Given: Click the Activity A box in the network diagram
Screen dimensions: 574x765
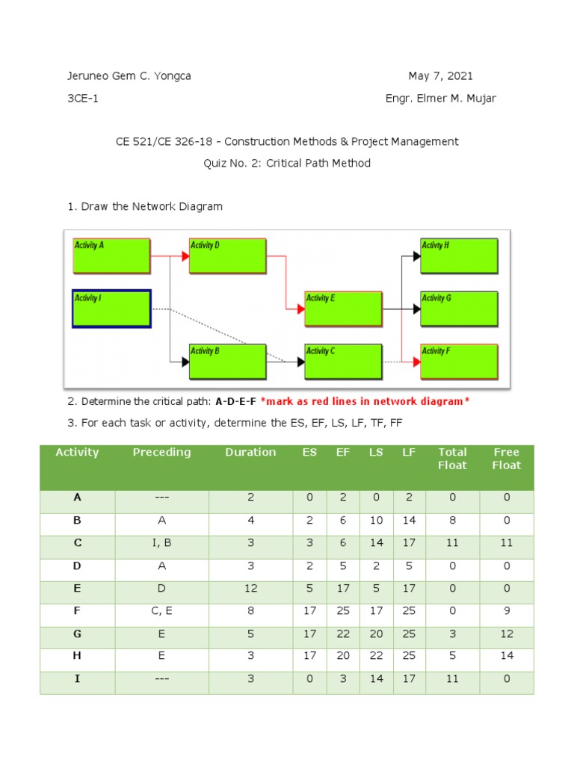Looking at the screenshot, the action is (x=111, y=255).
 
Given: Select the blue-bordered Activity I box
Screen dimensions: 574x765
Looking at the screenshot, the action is (x=111, y=309).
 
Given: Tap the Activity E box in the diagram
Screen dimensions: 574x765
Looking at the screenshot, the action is (x=343, y=309).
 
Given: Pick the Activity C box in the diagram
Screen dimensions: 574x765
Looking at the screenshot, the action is (x=343, y=362).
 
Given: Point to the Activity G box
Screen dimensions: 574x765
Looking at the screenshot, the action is (x=459, y=309).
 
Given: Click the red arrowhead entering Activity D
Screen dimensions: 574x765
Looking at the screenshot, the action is (x=185, y=255).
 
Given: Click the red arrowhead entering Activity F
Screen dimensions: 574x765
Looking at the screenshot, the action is (x=416, y=362).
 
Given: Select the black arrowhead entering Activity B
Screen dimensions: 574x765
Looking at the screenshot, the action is (x=185, y=362).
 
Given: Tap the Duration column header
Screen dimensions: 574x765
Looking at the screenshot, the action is (x=250, y=452).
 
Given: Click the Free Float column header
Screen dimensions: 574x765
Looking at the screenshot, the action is (x=507, y=459).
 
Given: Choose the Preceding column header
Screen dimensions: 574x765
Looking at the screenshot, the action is (x=161, y=452).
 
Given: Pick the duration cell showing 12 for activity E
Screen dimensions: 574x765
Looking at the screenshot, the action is (x=250, y=589).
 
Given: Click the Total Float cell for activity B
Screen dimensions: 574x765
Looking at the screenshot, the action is (x=452, y=521).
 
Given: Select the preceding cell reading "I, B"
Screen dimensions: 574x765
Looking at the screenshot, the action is (x=161, y=543).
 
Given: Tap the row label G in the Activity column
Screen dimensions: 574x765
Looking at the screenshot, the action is (x=77, y=634).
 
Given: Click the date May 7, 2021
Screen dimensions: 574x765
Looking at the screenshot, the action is (x=440, y=76).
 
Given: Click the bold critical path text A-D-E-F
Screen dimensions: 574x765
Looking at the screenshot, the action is (x=235, y=402).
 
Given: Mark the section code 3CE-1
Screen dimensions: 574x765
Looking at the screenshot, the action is (x=83, y=99).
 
